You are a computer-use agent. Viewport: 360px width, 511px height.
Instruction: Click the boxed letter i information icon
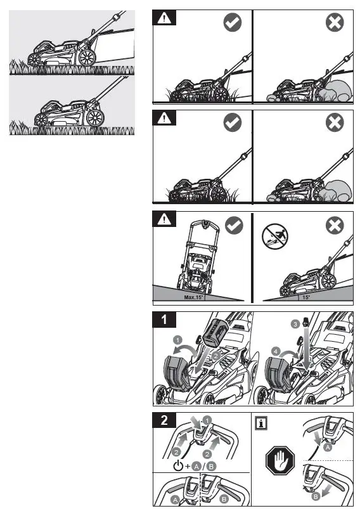(260, 422)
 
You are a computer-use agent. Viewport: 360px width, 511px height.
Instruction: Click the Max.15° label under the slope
(192, 297)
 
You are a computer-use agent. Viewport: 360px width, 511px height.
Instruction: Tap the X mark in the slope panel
(334, 225)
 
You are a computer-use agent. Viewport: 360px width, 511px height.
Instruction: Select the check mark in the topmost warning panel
(233, 23)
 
